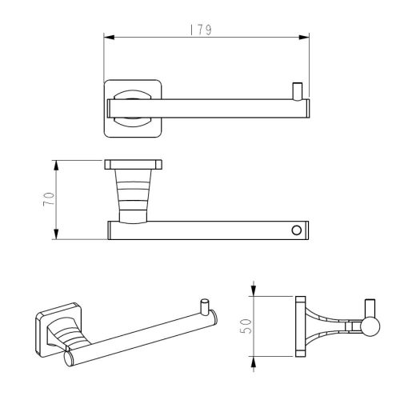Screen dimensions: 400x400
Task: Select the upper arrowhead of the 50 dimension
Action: [x=253, y=292]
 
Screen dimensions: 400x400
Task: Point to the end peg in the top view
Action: [x=297, y=90]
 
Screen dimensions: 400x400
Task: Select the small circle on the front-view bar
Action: [x=298, y=230]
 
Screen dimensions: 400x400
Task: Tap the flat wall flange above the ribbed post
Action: [x=134, y=165]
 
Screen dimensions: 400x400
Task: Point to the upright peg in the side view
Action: [x=370, y=308]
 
